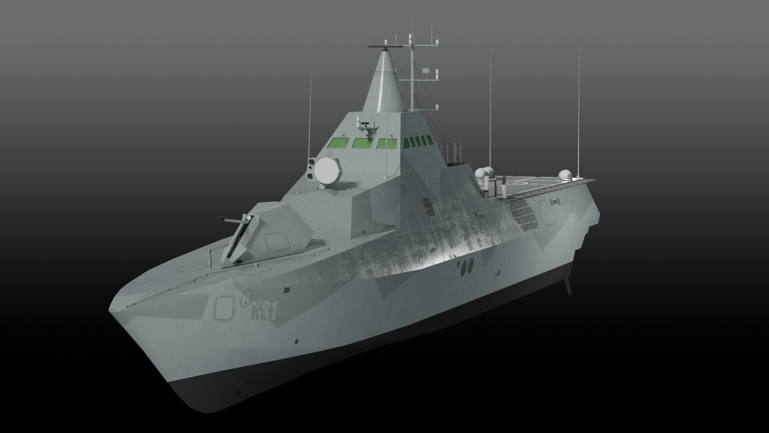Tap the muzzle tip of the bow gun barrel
click(221, 220)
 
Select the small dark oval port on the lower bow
click(296, 342)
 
